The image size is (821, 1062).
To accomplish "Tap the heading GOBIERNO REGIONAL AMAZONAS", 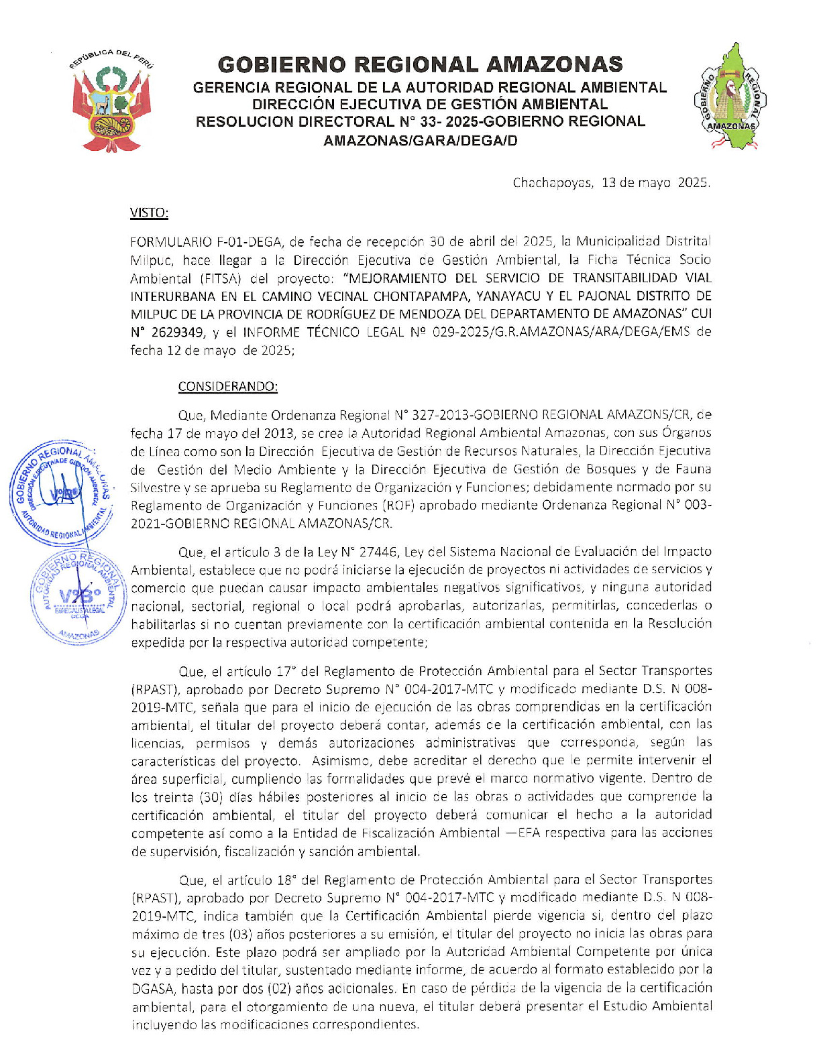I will pos(420,64).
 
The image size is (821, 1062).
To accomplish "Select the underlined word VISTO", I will pos(149,213).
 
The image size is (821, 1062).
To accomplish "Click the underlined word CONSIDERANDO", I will pos(227,387).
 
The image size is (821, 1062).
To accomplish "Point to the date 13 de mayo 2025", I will pos(655,182).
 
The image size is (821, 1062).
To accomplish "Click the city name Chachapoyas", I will pos(552,182).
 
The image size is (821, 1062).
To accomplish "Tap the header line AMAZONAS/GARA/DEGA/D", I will pos(420,141).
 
